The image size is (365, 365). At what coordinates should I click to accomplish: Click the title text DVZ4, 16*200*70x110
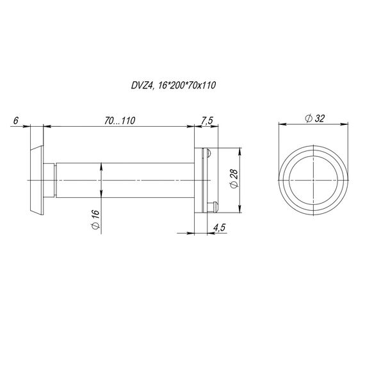[174, 85]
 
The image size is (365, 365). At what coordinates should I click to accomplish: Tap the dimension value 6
[16, 120]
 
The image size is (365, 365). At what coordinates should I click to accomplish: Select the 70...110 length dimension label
[120, 120]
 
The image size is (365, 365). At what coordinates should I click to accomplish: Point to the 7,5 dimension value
[207, 120]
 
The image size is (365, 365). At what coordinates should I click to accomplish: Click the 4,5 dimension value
[220, 227]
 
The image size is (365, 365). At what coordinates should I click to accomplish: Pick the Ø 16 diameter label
[95, 220]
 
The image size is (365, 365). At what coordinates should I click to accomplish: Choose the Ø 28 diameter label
[234, 179]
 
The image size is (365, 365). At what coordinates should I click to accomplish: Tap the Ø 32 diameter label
[314, 118]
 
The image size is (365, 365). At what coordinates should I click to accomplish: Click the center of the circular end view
[313, 180]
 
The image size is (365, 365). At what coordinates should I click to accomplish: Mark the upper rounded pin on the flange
[208, 153]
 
